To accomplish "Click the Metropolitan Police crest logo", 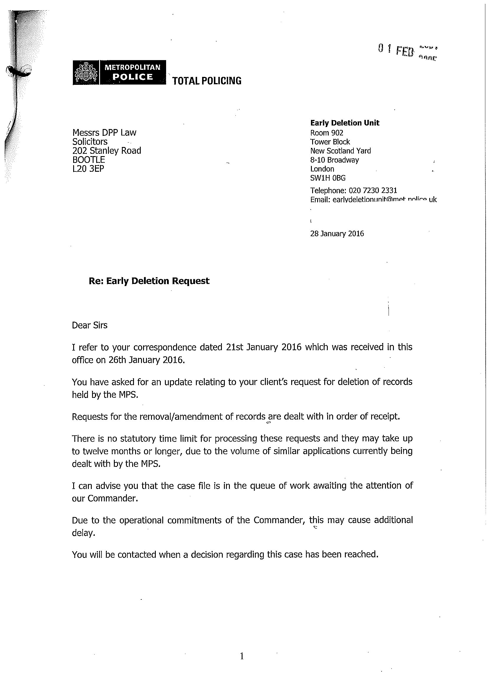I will coord(86,73).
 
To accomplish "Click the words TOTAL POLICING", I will coord(207,81).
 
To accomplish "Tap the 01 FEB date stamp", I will coord(396,50).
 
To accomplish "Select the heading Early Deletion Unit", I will coord(345,123).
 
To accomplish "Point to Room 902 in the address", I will coord(327,133).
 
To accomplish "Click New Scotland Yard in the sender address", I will coord(340,151).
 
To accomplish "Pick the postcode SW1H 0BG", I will coord(328,178).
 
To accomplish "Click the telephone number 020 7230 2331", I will coord(373,190).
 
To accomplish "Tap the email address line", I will coord(374,199).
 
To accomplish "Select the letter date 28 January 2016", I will coord(337,234).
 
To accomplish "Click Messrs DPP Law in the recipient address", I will coord(104,132).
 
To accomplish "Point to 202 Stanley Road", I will coord(107,150).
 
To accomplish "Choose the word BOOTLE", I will coord(89,160).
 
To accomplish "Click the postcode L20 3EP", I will coord(88,169).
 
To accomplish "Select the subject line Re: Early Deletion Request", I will coord(149,281).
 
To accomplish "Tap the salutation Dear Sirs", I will coord(90,325).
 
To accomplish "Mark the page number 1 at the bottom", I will coord(242,657).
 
